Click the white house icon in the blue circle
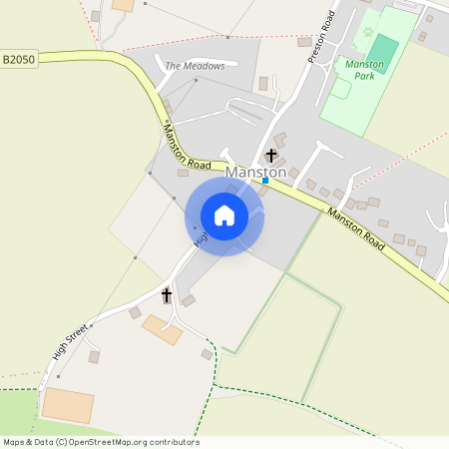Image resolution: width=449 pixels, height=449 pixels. pos(224,216)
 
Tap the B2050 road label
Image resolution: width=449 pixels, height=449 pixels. pos(18,60)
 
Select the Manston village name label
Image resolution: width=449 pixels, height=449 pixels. pos(256,173)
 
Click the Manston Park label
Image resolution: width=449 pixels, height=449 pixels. pos(364,69)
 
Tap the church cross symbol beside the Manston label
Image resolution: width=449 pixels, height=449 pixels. pos(270,155)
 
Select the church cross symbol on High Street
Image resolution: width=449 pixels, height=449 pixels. pos(167,295)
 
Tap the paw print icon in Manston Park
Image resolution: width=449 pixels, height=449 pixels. pos(367,32)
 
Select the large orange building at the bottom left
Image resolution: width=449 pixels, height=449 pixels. pos(68,405)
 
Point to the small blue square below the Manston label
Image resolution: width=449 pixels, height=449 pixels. pos(265,181)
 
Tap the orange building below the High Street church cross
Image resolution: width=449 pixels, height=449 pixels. pos(163,329)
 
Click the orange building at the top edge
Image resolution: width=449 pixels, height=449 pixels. pos(123,5)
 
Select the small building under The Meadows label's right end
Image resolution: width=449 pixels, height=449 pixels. pos(263,84)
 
